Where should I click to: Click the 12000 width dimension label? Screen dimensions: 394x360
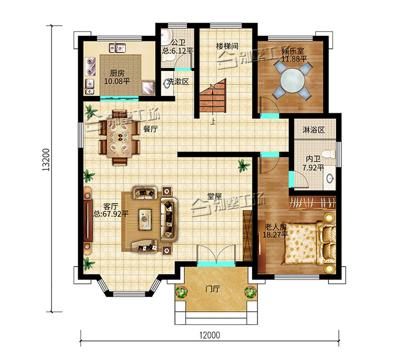210,335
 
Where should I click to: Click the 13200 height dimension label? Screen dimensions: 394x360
46,160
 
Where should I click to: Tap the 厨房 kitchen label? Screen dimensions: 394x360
117,73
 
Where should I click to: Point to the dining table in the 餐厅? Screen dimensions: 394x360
120,137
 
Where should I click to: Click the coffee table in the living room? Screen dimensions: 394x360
145,219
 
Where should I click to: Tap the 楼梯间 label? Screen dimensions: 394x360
227,46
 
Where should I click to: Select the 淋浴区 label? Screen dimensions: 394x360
314,130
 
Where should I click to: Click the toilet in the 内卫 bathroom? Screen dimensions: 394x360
329,154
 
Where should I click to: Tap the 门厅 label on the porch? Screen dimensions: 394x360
213,289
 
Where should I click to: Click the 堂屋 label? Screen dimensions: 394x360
214,196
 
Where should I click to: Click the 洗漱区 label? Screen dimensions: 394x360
178,81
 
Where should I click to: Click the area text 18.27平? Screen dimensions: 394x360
275,235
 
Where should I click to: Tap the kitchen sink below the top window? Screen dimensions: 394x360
117,48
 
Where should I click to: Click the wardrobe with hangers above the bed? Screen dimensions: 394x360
313,203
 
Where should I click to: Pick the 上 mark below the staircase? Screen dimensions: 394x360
213,122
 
